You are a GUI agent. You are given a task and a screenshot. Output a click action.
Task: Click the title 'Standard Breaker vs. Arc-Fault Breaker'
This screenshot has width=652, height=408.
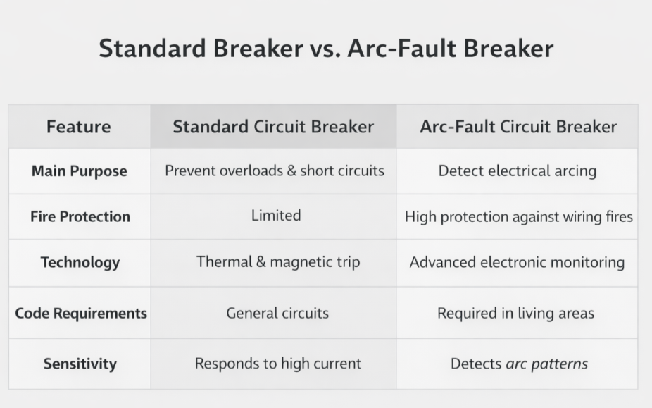(x=326, y=49)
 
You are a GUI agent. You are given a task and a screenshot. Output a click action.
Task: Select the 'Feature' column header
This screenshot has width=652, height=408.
(x=79, y=127)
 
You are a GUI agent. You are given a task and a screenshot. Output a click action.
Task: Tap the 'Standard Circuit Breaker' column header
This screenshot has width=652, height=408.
(x=273, y=127)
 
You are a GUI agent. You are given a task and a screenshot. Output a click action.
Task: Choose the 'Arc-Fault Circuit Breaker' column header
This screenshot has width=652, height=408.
(x=518, y=127)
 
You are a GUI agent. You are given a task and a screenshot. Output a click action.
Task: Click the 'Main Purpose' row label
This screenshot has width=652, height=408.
(x=80, y=171)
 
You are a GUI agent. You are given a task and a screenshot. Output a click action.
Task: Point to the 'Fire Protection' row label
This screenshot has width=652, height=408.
(x=80, y=217)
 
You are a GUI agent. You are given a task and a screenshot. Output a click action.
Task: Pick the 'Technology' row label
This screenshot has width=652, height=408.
(x=80, y=263)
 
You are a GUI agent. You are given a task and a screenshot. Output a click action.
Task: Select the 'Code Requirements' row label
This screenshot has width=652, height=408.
(x=81, y=313)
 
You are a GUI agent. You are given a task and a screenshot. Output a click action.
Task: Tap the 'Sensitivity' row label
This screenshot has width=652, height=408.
(x=80, y=364)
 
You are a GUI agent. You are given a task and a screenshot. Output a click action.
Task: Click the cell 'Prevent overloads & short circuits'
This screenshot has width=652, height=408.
(x=275, y=171)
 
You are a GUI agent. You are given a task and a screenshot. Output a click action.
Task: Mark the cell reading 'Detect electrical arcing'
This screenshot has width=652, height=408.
(x=517, y=171)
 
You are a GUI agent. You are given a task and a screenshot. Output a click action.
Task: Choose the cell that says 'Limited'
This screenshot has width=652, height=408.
(x=276, y=216)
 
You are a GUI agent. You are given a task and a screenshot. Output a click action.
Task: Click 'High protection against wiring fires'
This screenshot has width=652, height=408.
(x=518, y=217)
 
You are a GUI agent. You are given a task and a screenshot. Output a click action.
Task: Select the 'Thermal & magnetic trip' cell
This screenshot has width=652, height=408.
(x=278, y=262)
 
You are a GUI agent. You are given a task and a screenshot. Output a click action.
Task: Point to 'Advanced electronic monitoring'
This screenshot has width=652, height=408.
(x=517, y=262)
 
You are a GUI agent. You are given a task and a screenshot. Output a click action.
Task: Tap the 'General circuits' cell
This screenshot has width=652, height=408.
(x=277, y=313)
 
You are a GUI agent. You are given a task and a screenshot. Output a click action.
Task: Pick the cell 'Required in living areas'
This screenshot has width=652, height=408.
(x=515, y=313)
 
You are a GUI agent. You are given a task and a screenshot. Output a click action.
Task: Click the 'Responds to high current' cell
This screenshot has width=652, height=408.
(x=278, y=364)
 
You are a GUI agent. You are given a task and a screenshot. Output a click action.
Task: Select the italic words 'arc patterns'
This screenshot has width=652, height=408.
(x=546, y=364)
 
